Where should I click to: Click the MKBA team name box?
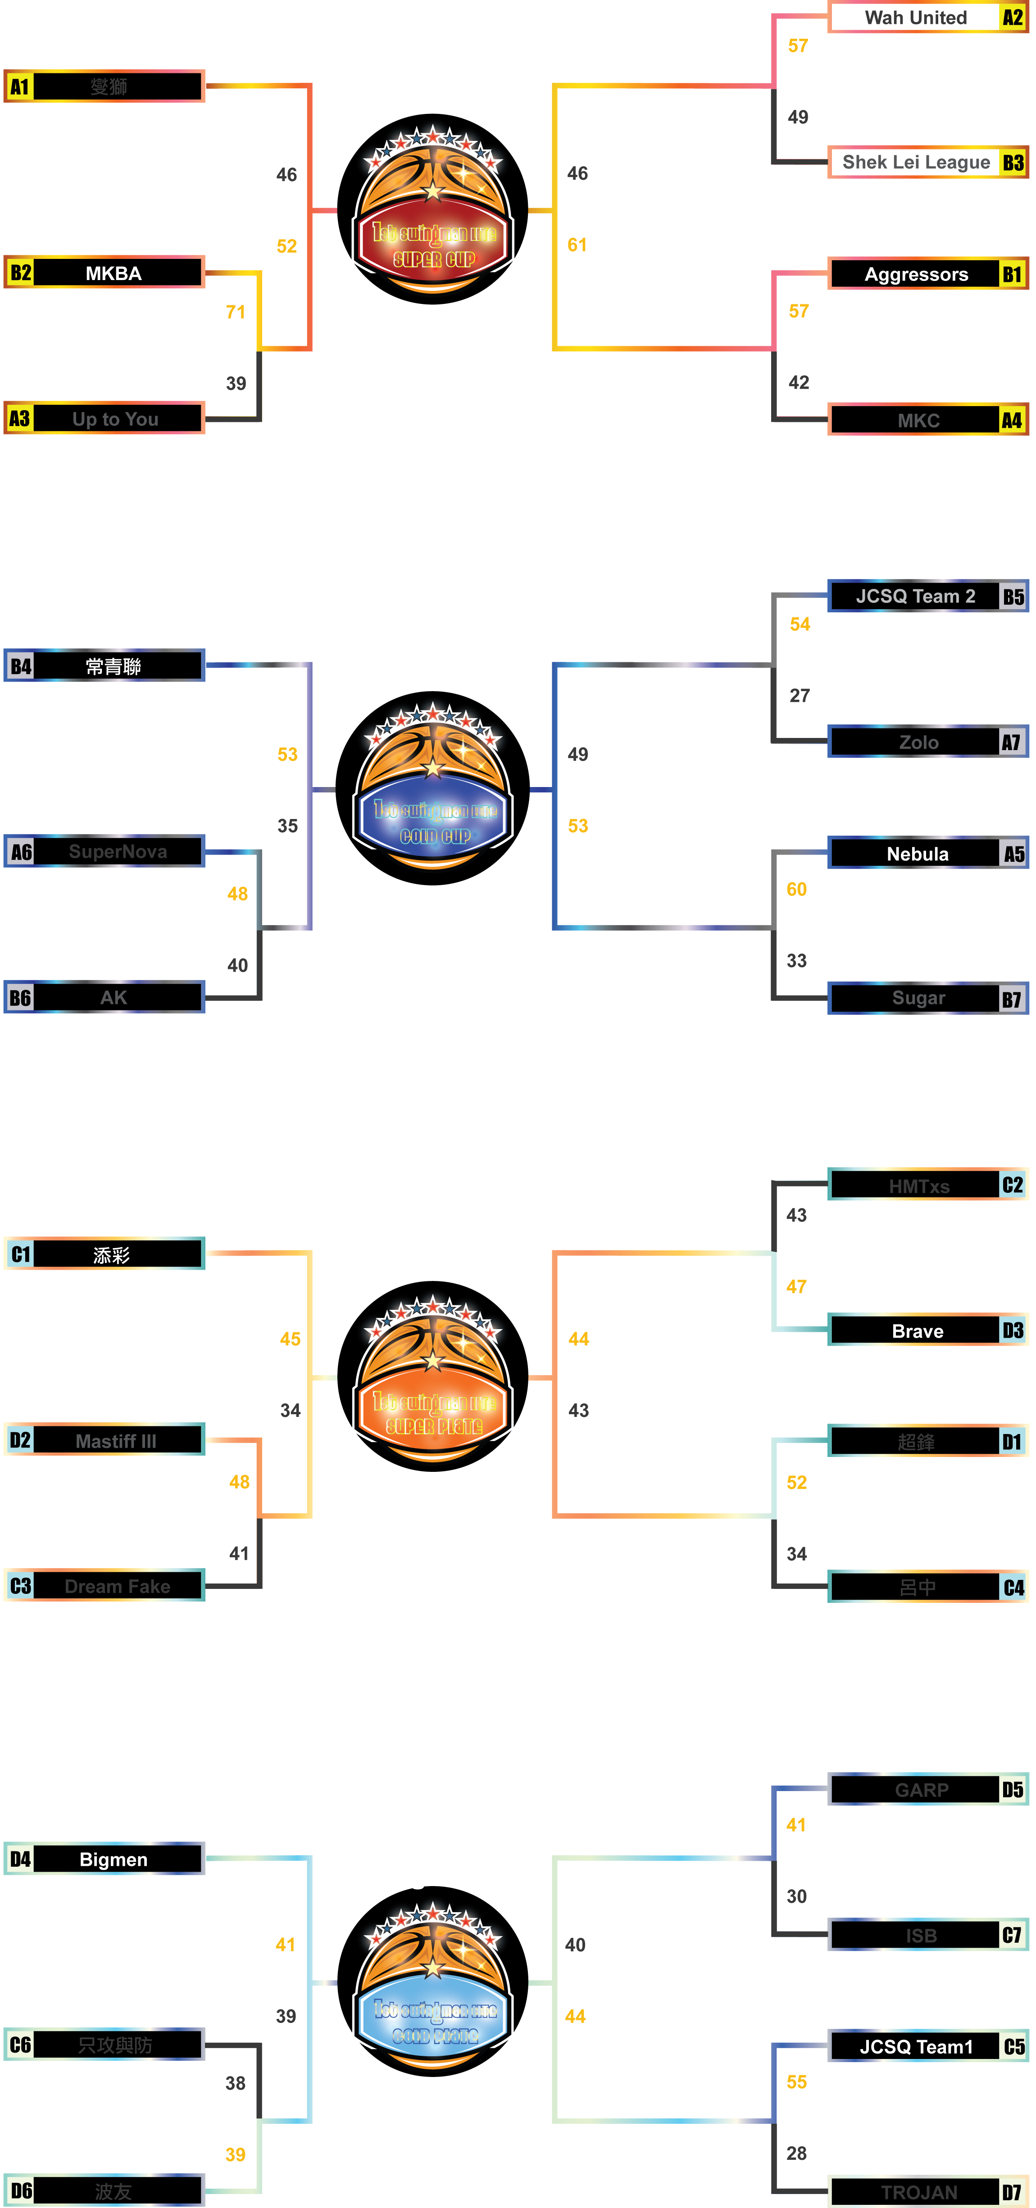[x=114, y=273]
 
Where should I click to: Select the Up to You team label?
[x=116, y=419]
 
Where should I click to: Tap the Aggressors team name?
[x=916, y=274]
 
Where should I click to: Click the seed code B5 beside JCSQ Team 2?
[x=1013, y=597]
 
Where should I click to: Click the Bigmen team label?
[x=114, y=1859]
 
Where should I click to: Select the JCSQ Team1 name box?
[x=916, y=2047]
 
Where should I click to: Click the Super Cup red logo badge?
[x=433, y=244]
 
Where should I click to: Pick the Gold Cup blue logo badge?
[x=433, y=821]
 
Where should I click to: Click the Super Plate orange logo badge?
[x=433, y=1412]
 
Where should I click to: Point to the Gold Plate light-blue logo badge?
[x=433, y=2021]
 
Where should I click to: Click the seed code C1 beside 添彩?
[x=21, y=1255]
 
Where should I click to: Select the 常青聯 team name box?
[x=114, y=666]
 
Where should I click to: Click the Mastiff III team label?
[x=116, y=1441]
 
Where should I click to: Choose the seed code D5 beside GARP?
[x=1013, y=1790]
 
